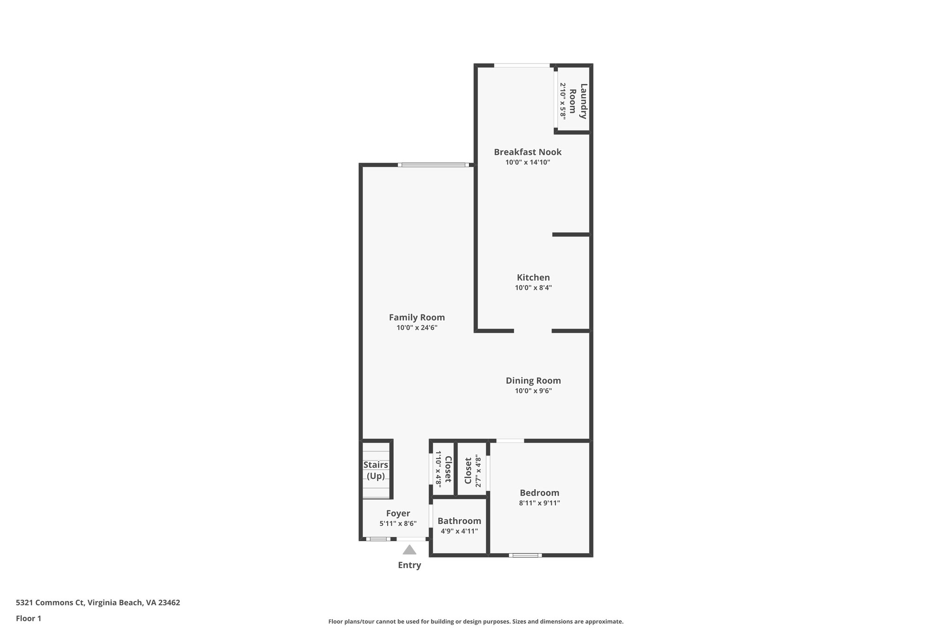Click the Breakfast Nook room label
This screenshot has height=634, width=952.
click(528, 152)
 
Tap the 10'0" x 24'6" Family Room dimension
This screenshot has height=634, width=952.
click(416, 328)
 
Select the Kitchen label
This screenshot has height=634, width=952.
click(533, 277)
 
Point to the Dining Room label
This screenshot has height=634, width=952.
click(533, 380)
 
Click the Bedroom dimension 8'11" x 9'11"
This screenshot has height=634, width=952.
click(539, 503)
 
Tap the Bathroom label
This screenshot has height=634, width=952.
click(459, 521)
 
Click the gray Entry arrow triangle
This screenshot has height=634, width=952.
click(409, 550)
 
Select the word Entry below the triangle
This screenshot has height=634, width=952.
click(409, 565)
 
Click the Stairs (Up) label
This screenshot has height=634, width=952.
click(376, 470)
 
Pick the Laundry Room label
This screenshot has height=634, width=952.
click(578, 101)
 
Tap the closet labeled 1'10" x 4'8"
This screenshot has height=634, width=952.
click(443, 469)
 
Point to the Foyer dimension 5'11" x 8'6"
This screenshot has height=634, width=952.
click(398, 523)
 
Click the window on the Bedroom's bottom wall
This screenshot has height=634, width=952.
click(525, 555)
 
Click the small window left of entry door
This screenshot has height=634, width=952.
click(378, 539)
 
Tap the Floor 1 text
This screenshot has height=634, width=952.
click(28, 619)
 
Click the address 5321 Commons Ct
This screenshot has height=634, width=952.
click(98, 603)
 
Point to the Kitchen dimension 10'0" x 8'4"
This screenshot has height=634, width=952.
click(533, 288)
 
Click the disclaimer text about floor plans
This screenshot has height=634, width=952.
click(476, 621)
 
